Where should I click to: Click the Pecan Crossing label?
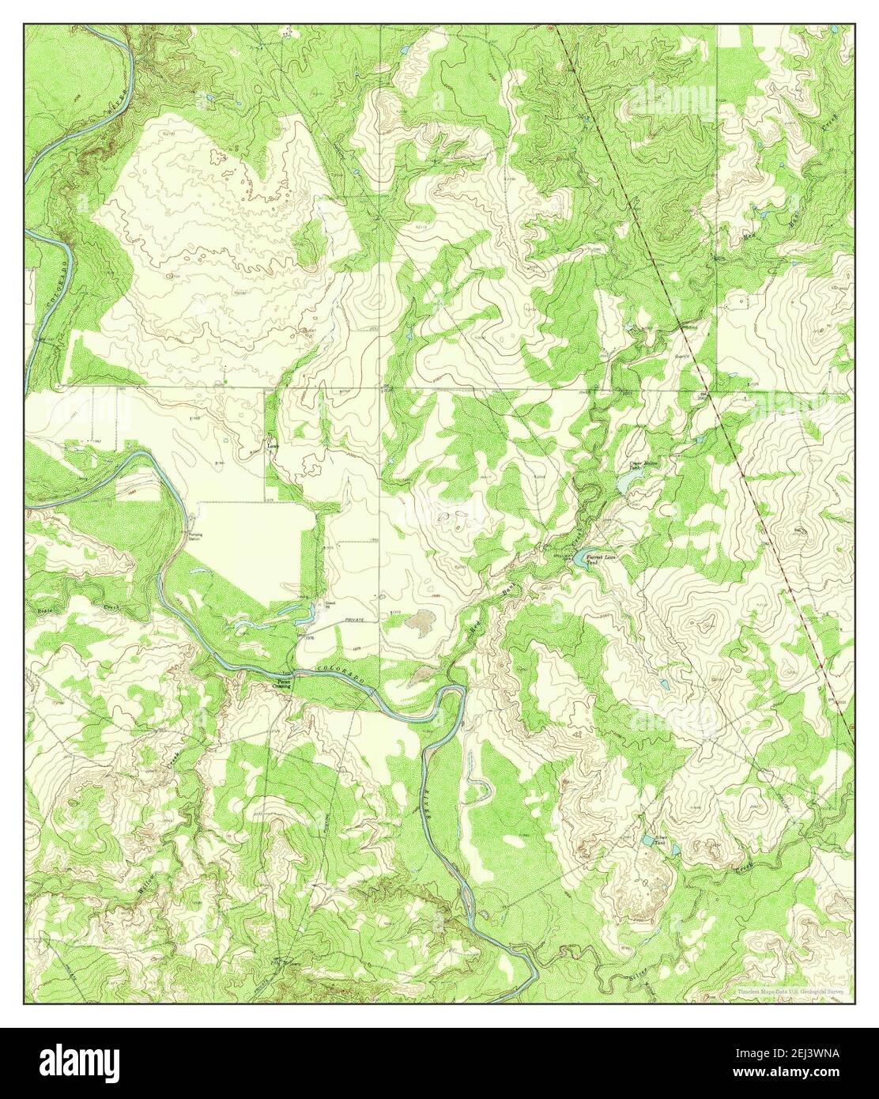coord(281,684)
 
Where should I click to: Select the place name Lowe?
coord(273,445)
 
